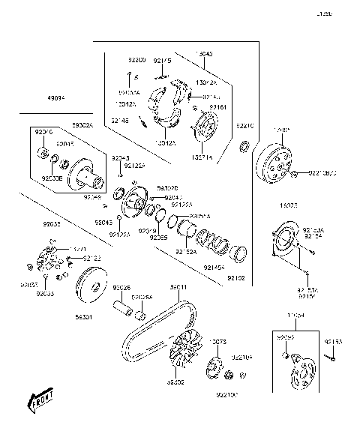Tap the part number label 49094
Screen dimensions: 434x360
(56, 98)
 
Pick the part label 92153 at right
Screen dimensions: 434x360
(333, 341)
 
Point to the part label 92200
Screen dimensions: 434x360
(136, 59)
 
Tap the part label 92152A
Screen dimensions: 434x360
(186, 253)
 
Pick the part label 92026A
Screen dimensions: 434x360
(142, 298)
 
